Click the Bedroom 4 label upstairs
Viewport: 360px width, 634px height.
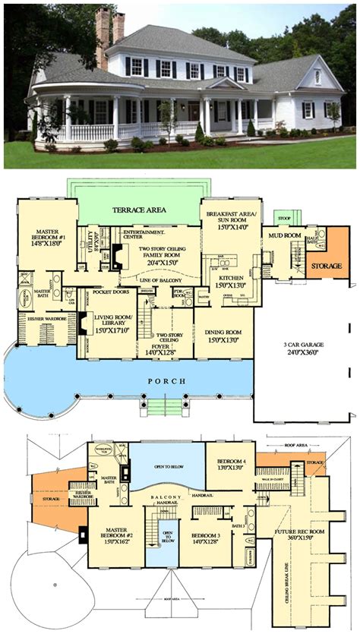230,465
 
